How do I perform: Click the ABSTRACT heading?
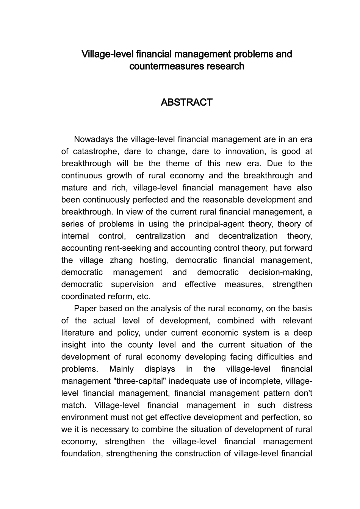(186, 102)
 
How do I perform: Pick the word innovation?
(246, 151)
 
